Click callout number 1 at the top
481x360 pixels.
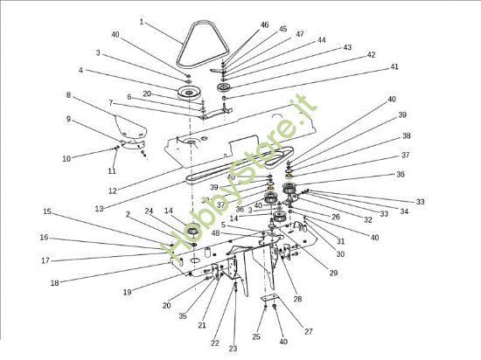pyautogui.click(x=142, y=21)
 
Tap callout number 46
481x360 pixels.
pyautogui.click(x=264, y=25)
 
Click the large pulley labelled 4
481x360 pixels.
pyautogui.click(x=185, y=92)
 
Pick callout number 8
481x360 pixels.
pyautogui.click(x=68, y=94)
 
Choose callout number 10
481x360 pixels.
pyautogui.click(x=66, y=158)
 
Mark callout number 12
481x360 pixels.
pyautogui.click(x=111, y=190)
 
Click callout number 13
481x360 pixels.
pyautogui.click(x=99, y=209)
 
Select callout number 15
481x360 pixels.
pyautogui.click(x=46, y=211)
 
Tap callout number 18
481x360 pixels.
pyautogui.click(x=54, y=282)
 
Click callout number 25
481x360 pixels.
pyautogui.click(x=256, y=336)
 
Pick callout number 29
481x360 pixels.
pyautogui.click(x=333, y=273)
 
